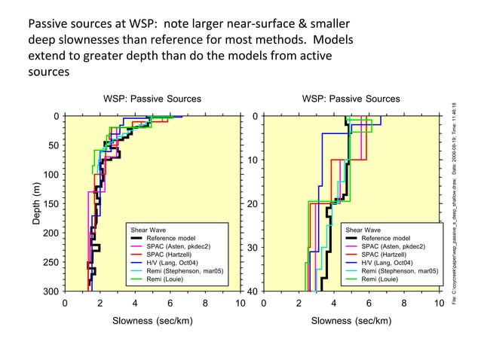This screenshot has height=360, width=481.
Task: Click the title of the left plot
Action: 152,99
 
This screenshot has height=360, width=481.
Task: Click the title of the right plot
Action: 351,99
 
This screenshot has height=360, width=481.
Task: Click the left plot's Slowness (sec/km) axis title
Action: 152,320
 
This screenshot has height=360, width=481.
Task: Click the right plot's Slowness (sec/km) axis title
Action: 351,320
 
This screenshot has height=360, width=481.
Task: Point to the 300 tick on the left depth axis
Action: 50,291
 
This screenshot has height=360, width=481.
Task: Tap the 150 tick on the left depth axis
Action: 50,204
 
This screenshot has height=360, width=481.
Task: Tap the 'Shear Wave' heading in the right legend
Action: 363,229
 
